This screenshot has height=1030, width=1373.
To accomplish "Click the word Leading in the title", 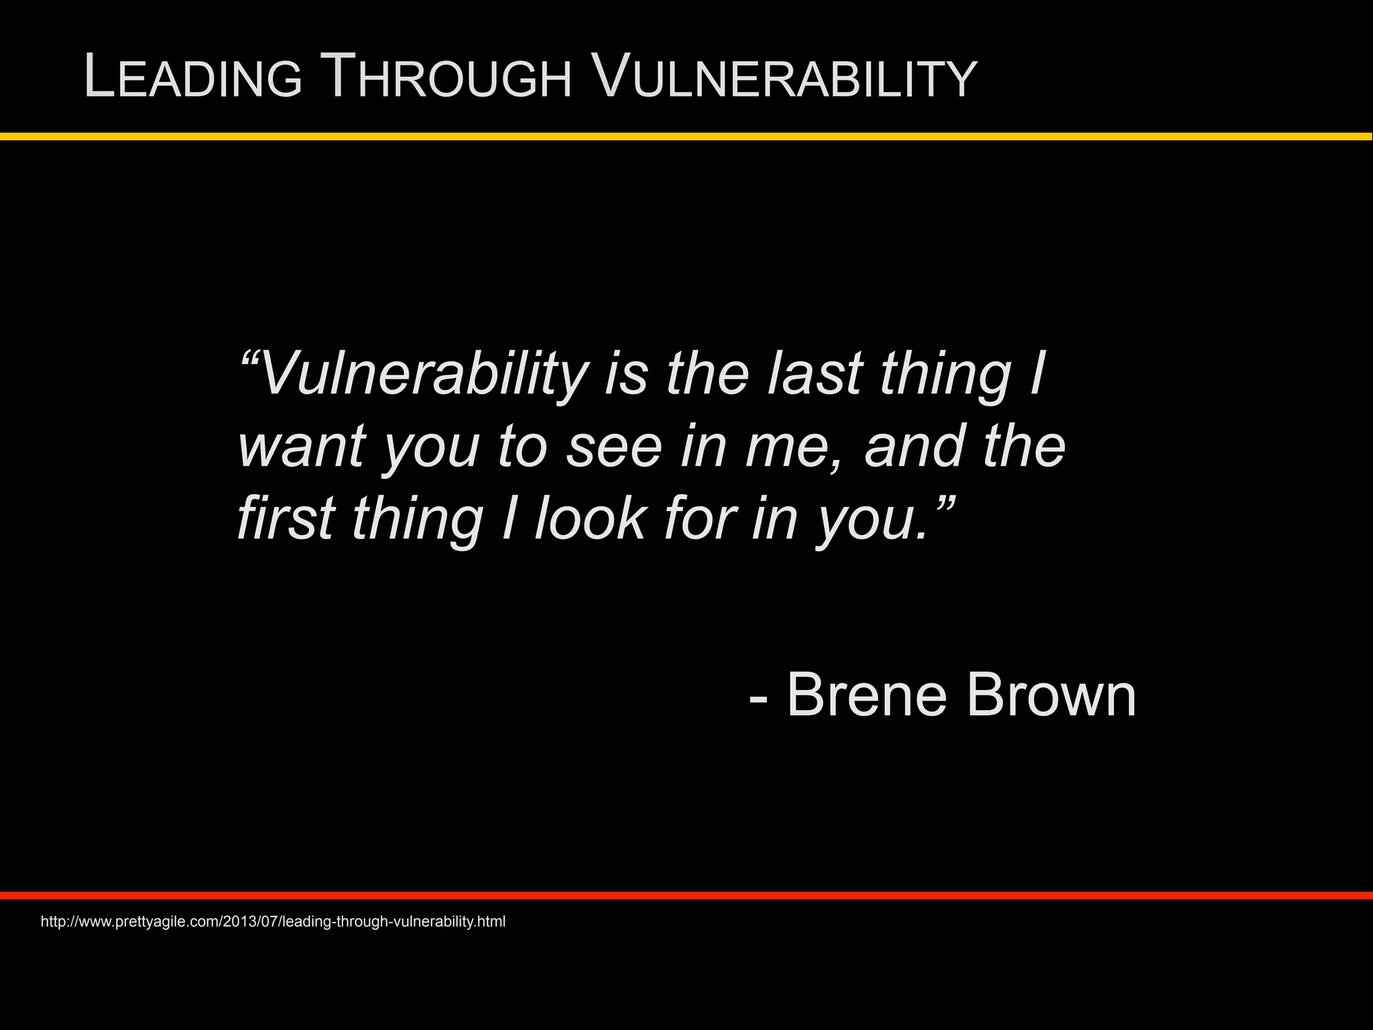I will pos(193,78).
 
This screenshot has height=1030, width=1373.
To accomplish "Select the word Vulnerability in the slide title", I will pos(785,78).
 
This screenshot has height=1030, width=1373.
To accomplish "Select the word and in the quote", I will pos(914,447).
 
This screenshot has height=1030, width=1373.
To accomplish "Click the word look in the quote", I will pos(590,518).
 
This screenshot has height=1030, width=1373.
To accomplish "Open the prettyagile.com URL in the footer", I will pos(273,921).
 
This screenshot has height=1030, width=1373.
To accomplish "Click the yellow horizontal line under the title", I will pos(686,137).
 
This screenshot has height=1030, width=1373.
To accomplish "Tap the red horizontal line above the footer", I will pos(686,895).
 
